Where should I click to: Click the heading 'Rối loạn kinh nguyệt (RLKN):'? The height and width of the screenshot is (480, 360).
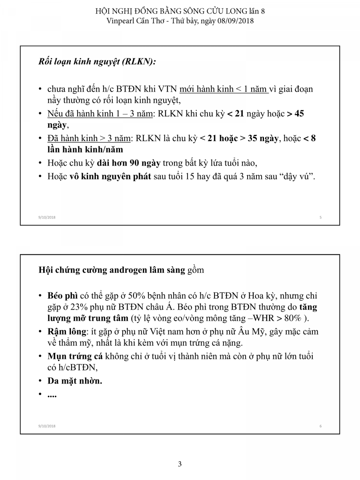[x=97, y=62]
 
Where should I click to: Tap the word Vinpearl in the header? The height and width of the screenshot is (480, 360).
[x=122, y=21]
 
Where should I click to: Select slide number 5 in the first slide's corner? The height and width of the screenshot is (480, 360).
[x=321, y=217]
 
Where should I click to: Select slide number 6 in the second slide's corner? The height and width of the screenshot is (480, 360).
[x=321, y=426]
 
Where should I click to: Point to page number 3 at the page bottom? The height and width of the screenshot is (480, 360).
[x=180, y=464]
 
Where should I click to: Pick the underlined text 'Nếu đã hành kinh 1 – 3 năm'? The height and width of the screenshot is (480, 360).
[x=100, y=114]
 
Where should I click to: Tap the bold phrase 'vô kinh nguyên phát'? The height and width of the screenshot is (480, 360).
[x=106, y=176]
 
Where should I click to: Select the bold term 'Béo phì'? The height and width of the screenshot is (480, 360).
[x=62, y=296]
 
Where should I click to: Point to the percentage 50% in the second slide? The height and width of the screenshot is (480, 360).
[x=145, y=296]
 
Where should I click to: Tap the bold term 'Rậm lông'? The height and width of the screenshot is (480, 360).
[x=66, y=332]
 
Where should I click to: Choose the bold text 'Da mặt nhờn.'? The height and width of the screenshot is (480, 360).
[x=75, y=381]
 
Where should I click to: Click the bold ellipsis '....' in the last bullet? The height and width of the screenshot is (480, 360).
[x=52, y=394]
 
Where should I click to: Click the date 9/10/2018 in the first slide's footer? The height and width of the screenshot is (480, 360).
[x=47, y=217]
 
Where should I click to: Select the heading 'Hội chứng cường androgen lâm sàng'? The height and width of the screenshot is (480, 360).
[x=112, y=270]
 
